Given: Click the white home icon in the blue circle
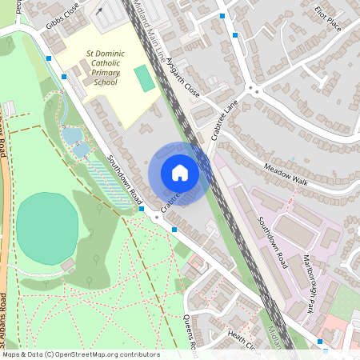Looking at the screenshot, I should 180,173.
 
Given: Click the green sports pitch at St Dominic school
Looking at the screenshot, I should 144,78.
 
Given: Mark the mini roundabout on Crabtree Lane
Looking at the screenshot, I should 256,90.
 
